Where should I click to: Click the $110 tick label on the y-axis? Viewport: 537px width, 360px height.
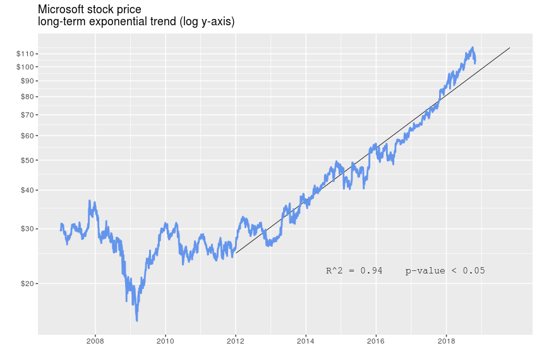point(26,54)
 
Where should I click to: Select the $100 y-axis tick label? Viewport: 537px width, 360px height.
point(26,66)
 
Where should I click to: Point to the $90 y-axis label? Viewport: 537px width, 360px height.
point(28,81)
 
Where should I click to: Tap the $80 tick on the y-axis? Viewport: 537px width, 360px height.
point(28,97)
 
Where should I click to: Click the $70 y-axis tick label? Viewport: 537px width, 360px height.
point(28,115)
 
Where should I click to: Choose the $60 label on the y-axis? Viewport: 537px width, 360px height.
point(28,136)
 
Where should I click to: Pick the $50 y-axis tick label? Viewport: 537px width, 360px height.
point(28,160)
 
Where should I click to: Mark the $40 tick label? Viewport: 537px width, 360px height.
point(28,190)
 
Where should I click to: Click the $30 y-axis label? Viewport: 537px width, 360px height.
point(28,229)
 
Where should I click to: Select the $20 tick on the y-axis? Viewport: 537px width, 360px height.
point(28,284)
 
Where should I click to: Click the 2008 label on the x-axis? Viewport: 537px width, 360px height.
point(95,342)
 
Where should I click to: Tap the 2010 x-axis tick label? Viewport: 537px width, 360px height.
point(166,342)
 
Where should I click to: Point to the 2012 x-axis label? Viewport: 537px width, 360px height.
point(236,342)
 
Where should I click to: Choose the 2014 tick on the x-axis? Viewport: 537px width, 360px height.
point(306,342)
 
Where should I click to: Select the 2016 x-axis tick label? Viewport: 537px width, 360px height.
point(376,342)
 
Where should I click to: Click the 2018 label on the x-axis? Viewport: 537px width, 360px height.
point(446,342)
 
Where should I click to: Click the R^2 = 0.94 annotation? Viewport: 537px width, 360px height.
point(354,271)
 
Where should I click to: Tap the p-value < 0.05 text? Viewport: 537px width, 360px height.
point(445,271)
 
